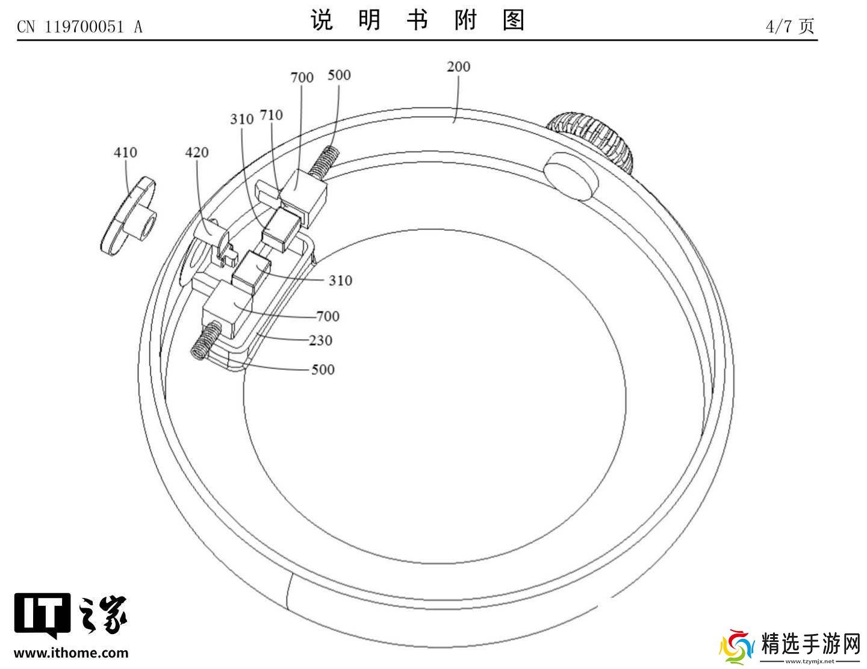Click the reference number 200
(x=458, y=66)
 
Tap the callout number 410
(x=125, y=152)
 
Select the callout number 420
(x=197, y=152)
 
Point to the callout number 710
(x=271, y=114)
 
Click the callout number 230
(x=320, y=340)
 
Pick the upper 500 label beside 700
(x=339, y=75)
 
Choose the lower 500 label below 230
(x=323, y=369)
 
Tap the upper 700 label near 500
(x=302, y=77)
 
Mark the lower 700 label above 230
(x=328, y=316)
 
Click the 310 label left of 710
(x=242, y=119)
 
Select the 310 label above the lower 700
(x=340, y=280)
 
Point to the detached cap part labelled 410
(x=129, y=217)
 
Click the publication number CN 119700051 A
(x=79, y=26)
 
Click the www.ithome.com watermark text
(x=71, y=653)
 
